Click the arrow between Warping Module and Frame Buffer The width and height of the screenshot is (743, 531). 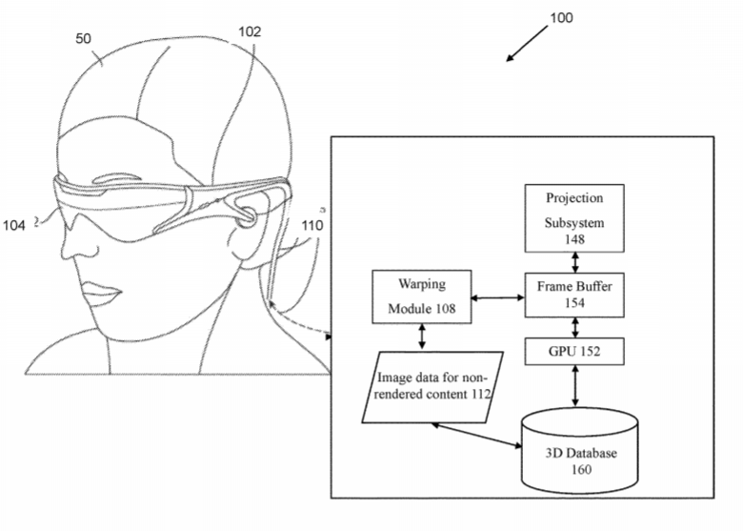tap(498, 297)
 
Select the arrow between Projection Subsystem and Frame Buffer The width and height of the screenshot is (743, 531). tap(575, 262)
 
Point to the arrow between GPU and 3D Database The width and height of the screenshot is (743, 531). tap(575, 386)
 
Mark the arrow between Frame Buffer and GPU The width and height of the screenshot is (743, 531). tap(575, 328)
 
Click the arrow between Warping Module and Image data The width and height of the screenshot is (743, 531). tap(422, 337)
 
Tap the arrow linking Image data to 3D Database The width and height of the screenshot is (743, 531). tap(476, 436)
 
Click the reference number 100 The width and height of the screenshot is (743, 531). tap(561, 18)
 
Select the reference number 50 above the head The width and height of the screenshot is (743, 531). tap(83, 38)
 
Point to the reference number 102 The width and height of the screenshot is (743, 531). tap(250, 31)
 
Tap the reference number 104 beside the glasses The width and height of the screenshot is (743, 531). tap(13, 225)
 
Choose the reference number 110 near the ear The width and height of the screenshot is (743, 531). tap(312, 225)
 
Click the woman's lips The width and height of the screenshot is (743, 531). tap(100, 293)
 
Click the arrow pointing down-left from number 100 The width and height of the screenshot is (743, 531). tap(527, 43)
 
